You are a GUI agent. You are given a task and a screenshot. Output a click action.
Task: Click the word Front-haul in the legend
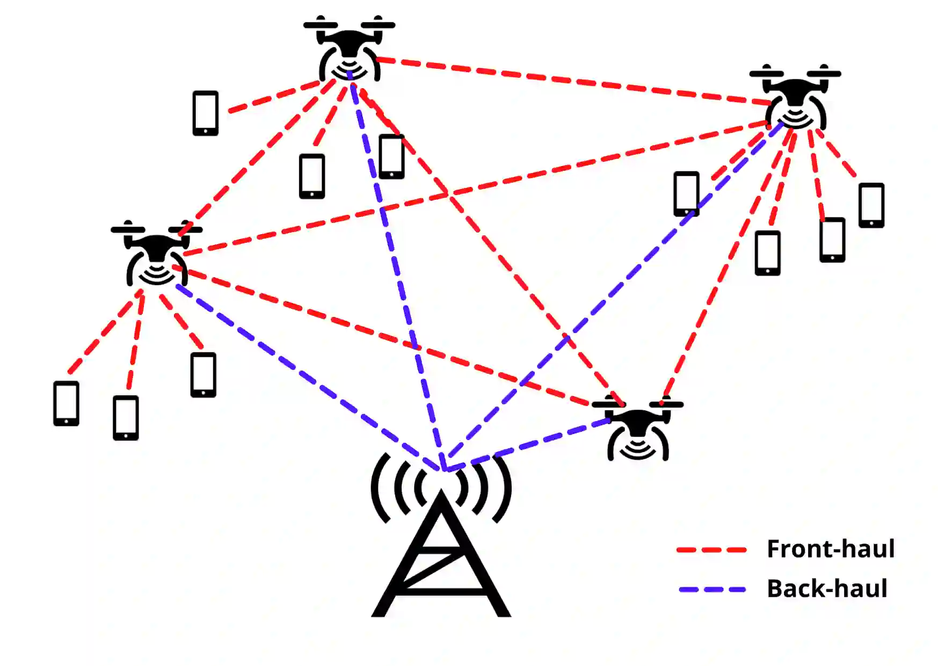pos(830,549)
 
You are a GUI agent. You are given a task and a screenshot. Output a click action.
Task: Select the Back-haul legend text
pos(827,589)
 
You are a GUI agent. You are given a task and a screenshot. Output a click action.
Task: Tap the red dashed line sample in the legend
pos(711,550)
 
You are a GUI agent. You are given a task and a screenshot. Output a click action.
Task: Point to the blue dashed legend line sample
pos(712,590)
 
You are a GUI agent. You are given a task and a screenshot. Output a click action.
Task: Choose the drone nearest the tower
pos(638,429)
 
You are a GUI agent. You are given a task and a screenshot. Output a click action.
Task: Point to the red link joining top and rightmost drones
pos(575,81)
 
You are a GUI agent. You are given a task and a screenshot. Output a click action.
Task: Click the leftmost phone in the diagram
pos(66,403)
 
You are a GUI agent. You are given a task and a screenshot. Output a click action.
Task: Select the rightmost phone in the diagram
pos(871,205)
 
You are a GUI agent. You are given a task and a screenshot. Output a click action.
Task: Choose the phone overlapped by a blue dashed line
pos(687,193)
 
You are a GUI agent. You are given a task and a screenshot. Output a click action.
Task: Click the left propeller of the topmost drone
pos(321,24)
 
